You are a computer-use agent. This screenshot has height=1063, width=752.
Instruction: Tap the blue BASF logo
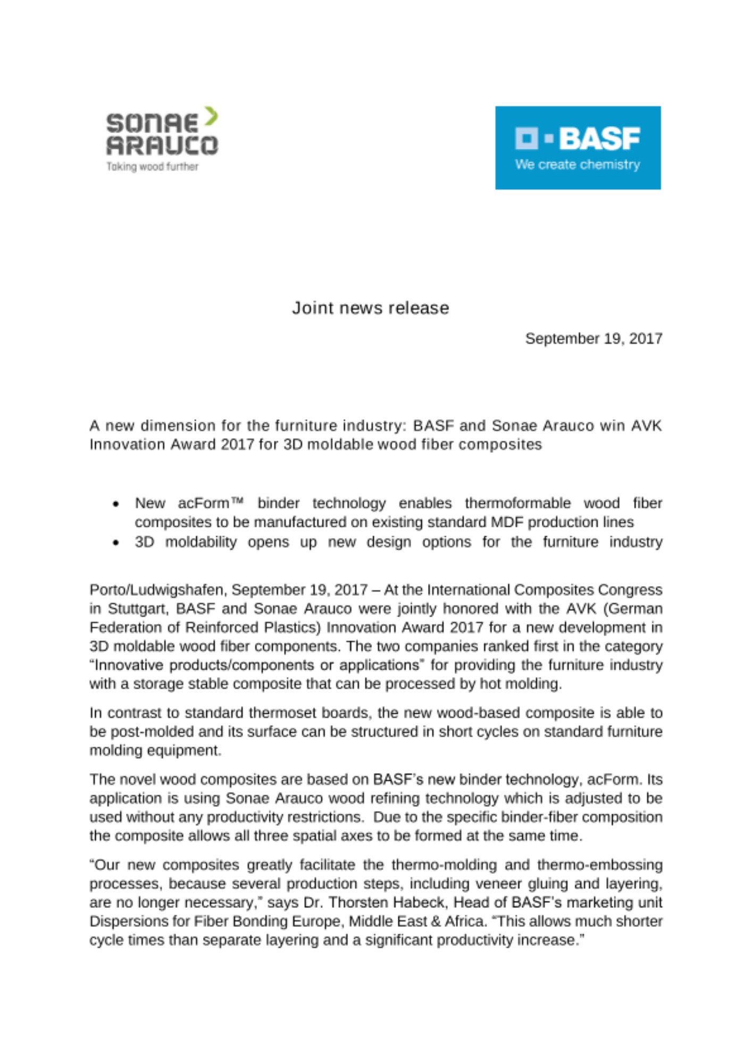[x=578, y=147]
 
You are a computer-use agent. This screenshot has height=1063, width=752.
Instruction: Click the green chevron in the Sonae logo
[x=211, y=116]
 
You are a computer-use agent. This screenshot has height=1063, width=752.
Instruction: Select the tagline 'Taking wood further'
[x=152, y=166]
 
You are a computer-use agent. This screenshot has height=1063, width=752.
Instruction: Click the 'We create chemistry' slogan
[x=577, y=164]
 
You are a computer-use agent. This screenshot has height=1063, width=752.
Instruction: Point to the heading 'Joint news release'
[x=370, y=308]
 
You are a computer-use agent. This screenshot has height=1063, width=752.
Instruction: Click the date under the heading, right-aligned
[x=594, y=339]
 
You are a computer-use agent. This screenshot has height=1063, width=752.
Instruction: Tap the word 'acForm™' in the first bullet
[x=211, y=503]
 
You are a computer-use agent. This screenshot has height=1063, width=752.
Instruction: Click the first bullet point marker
[x=116, y=504]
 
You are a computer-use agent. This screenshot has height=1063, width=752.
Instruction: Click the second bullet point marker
[x=116, y=543]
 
